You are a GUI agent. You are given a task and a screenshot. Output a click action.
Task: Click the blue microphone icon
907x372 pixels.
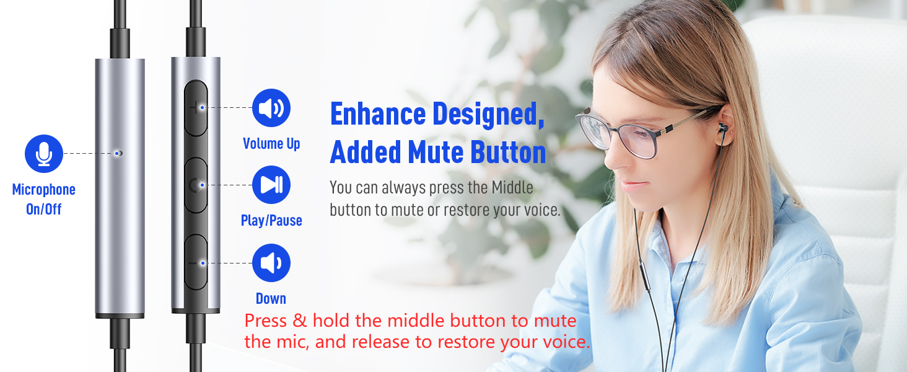tap(44, 154)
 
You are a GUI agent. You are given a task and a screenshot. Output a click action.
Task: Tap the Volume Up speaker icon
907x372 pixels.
tap(271, 108)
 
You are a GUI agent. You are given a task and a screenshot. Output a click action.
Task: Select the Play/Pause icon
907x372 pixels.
tap(271, 185)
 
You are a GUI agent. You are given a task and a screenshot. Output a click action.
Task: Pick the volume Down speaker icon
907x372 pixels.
tap(271, 263)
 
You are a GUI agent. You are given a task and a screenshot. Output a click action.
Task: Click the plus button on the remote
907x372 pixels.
tap(196, 108)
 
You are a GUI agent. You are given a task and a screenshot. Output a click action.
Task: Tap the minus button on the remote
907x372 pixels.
tap(196, 263)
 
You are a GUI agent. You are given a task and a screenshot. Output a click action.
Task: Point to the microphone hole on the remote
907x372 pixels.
tap(120, 153)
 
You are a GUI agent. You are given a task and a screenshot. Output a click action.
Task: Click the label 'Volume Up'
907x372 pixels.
tap(271, 144)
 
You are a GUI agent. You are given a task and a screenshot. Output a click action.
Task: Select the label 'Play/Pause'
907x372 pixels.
tap(271, 221)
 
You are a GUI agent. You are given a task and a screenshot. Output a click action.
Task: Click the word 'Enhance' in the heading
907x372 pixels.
tap(378, 114)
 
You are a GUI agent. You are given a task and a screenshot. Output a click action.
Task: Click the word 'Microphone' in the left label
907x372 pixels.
tap(44, 190)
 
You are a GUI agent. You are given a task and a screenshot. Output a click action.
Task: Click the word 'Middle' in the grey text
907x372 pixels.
tap(512, 187)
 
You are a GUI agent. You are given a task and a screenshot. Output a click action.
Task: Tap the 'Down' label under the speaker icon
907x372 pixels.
tap(271, 298)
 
